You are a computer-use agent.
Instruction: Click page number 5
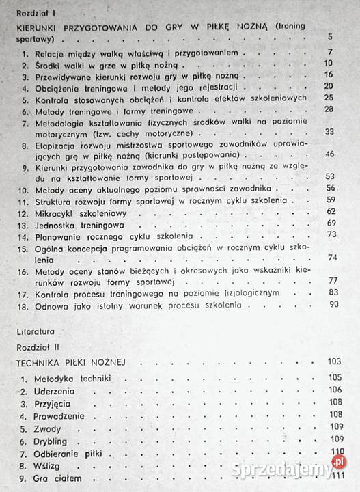(x=329, y=37)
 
